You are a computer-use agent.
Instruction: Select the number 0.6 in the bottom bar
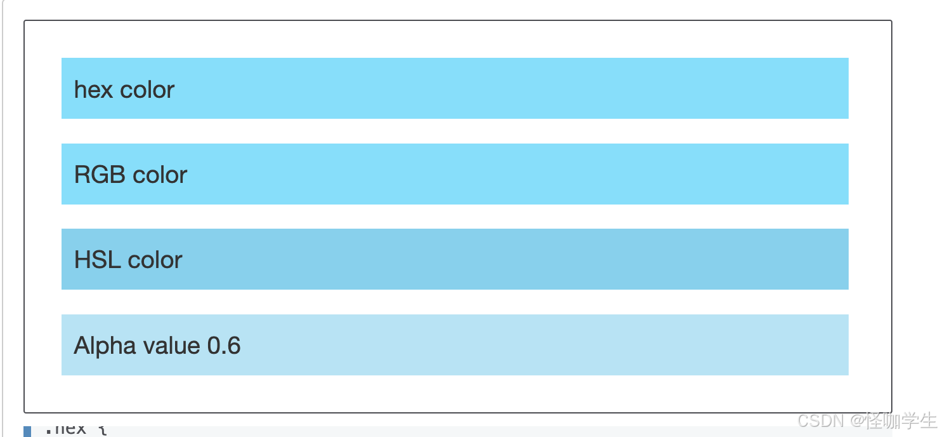pos(224,346)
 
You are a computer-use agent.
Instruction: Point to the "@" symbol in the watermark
pos(858,420)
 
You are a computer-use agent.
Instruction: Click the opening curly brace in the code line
pos(103,430)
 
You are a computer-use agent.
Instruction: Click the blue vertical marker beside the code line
pos(27,431)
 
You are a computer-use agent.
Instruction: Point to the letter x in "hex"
pos(106,90)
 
